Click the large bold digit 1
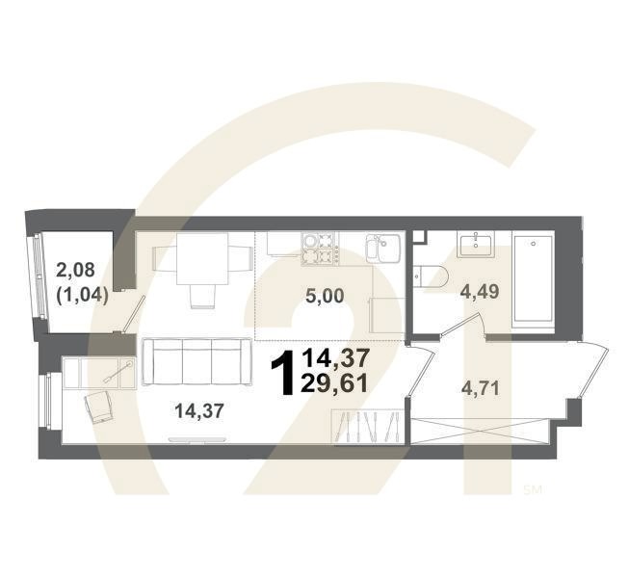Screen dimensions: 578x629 tap(284, 373)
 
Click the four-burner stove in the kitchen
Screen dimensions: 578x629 tap(322, 250)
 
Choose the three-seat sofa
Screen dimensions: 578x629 tap(192, 361)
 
